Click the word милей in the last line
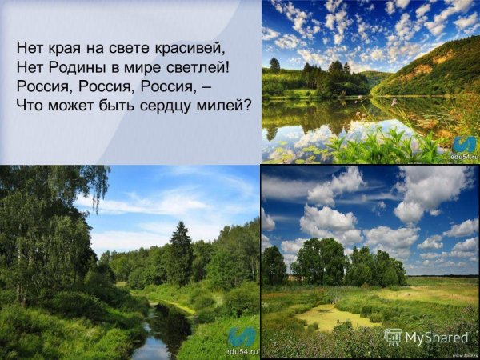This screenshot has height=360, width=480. [229, 104]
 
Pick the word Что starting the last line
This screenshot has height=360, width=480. [30, 104]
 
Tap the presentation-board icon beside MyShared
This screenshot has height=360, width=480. [392, 337]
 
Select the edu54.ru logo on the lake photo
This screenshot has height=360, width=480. [462, 147]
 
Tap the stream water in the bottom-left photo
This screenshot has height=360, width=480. [152, 340]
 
